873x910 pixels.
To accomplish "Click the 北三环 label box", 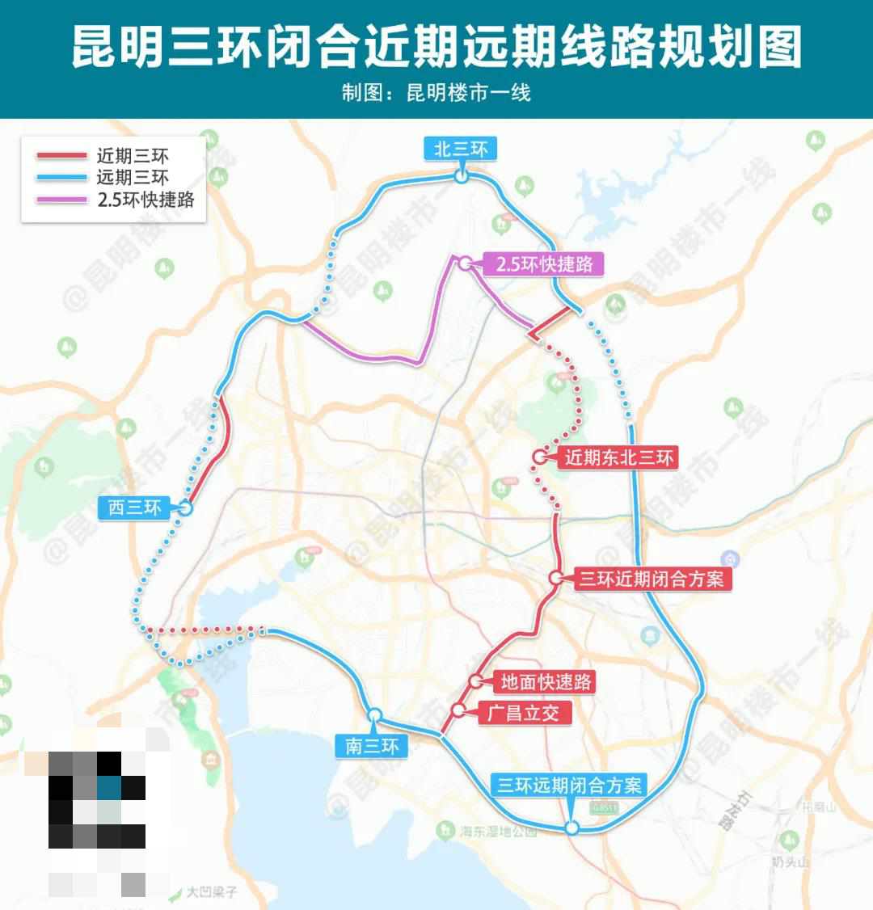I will point(461,150).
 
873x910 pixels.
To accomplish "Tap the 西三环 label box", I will point(135,508).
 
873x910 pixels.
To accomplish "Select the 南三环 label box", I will point(372,746).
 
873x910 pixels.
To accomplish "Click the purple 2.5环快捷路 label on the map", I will point(544,264).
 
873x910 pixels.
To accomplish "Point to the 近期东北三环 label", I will point(618,458).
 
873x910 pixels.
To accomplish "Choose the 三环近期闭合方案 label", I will point(651,579).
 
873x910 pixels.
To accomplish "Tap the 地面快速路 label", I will point(546,682).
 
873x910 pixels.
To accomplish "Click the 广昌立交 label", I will point(523,713).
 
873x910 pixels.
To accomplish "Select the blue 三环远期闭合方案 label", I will point(569,785).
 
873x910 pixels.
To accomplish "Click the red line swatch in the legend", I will point(61,156).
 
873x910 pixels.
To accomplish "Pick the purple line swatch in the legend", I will point(61,200).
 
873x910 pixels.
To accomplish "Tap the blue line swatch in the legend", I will point(61,178).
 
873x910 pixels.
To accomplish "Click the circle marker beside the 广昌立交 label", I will point(458,711).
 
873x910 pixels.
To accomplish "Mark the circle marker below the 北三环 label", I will point(461,176).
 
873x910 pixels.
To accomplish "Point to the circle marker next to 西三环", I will point(185,508).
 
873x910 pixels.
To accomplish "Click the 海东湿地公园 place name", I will point(498,831).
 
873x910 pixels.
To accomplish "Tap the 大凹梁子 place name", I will point(212,892).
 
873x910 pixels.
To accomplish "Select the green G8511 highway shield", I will point(603,807).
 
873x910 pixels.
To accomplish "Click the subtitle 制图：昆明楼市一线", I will point(436,93).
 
